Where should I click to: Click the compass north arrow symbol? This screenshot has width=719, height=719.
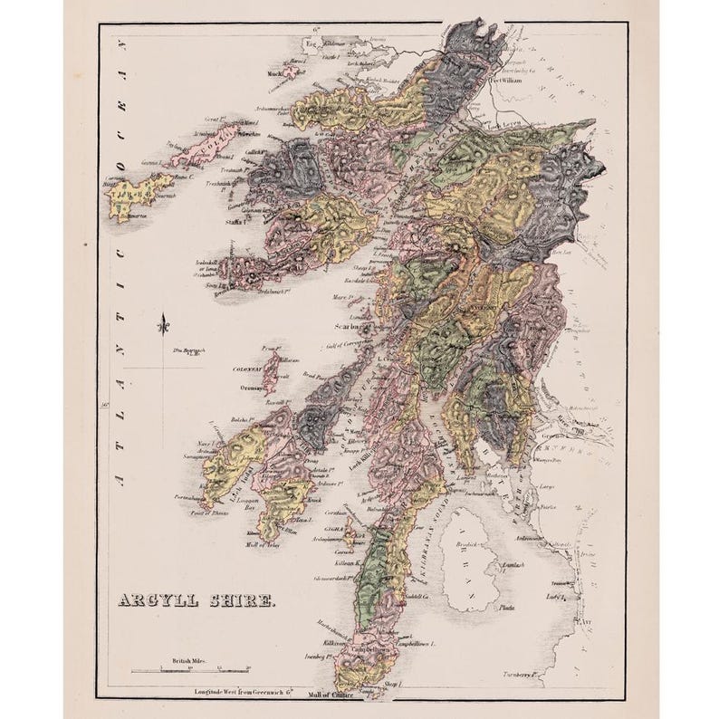161,322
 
